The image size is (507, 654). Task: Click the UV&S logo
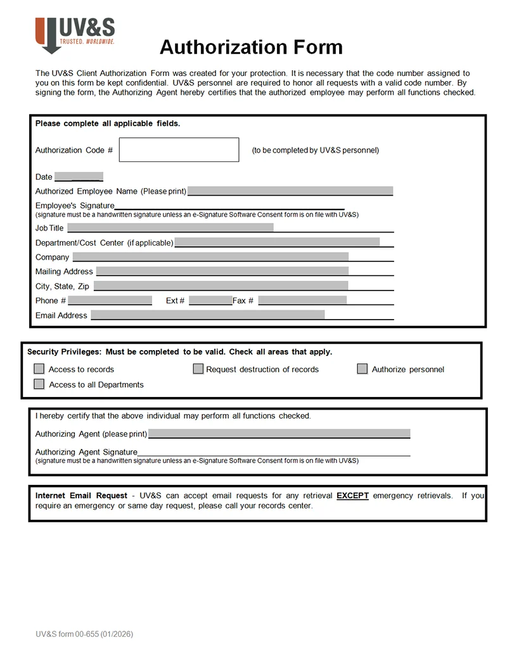[x=75, y=35]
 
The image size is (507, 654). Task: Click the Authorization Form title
[x=251, y=47]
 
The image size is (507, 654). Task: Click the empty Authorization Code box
[x=179, y=150]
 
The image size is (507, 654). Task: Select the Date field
[x=79, y=177]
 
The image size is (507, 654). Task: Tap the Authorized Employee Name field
[x=290, y=191]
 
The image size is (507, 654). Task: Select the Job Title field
[x=170, y=228]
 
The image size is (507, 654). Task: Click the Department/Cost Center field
[x=277, y=242]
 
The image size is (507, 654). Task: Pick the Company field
[x=210, y=257]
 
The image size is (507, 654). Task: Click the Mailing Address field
[x=222, y=271]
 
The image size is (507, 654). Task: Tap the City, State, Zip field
[x=221, y=286]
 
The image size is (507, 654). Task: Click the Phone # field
[x=110, y=300]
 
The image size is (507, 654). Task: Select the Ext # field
[x=210, y=300]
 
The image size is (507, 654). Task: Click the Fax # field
[x=302, y=300]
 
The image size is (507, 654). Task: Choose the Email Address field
[x=208, y=315]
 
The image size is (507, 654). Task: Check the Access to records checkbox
[x=39, y=369]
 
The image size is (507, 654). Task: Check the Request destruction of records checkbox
[x=198, y=369]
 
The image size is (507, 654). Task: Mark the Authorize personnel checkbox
[x=363, y=369]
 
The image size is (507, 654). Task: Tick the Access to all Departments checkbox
[x=39, y=384]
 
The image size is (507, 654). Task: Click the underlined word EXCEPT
[x=352, y=496]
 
